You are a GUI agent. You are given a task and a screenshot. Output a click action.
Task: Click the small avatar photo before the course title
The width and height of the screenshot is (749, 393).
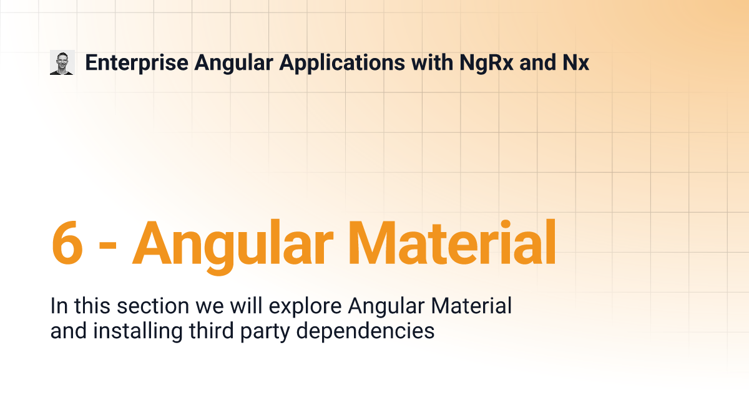coord(62,62)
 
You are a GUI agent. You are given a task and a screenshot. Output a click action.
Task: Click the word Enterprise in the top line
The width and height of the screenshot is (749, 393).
coord(137,63)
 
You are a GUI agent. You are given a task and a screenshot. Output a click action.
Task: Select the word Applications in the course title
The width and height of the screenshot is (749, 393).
coord(342,63)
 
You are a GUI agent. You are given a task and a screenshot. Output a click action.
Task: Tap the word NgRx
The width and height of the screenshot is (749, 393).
coord(486,63)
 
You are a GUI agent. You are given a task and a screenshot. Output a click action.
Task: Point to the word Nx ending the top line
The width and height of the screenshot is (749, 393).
coord(575,62)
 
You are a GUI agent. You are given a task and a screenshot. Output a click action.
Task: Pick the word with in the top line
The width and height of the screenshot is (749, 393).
coord(432,62)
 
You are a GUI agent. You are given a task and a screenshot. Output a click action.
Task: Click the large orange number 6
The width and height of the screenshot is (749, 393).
coord(67,242)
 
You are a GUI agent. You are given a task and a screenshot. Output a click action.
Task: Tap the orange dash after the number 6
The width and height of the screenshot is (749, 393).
coord(107,245)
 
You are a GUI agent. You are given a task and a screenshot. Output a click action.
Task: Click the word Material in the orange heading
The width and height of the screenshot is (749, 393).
coord(452,242)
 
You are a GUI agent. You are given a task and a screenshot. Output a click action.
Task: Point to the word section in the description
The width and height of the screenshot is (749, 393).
coord(153,306)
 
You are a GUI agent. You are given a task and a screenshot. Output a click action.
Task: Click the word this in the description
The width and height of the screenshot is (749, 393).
coord(92,306)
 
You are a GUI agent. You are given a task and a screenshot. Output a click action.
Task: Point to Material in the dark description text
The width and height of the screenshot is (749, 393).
coord(471,306)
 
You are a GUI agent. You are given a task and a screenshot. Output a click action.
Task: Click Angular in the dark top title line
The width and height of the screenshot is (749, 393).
coord(233,64)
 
